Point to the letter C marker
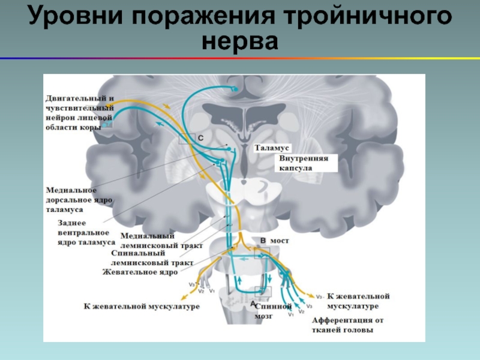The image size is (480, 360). (x=200, y=138)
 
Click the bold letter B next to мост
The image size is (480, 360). (x=262, y=240)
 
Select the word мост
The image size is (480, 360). (x=279, y=240)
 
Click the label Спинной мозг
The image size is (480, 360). (x=278, y=310)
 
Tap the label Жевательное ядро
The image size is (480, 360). (x=140, y=272)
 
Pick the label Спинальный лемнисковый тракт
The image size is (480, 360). (x=151, y=258)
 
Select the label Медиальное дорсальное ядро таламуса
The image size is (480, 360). (x=80, y=200)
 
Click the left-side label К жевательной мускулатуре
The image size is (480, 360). (x=141, y=306)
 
